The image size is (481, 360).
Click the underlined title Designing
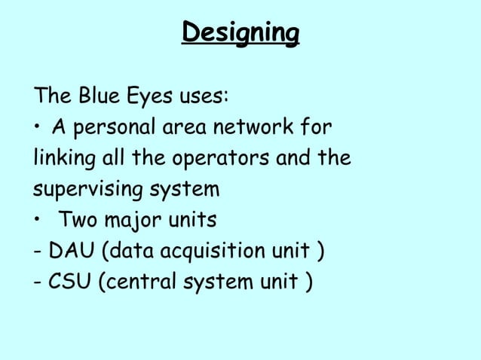[240, 33]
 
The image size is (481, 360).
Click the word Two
[77, 221]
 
